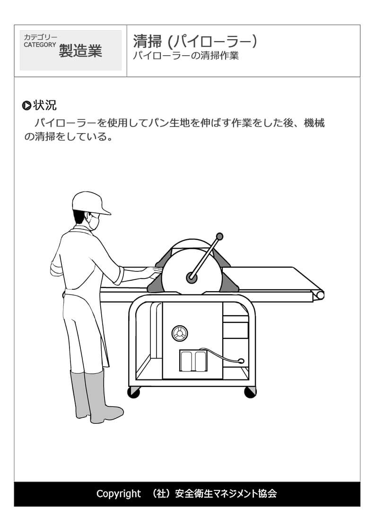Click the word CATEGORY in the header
tap(40, 45)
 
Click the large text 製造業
tap(80, 50)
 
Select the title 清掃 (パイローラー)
tap(195, 41)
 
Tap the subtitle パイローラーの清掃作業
tap(186, 56)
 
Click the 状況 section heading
tap(45, 105)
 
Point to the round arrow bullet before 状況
tap(26, 105)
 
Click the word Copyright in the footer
tap(118, 494)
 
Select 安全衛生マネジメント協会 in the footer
tap(226, 494)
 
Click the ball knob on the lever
tap(219, 236)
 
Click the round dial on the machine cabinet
tap(180, 334)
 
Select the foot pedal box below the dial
tap(193, 361)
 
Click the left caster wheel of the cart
tap(134, 393)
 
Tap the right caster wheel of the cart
tap(250, 392)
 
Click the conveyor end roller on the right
tap(320, 295)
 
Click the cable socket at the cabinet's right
tap(241, 361)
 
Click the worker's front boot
tap(102, 397)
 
